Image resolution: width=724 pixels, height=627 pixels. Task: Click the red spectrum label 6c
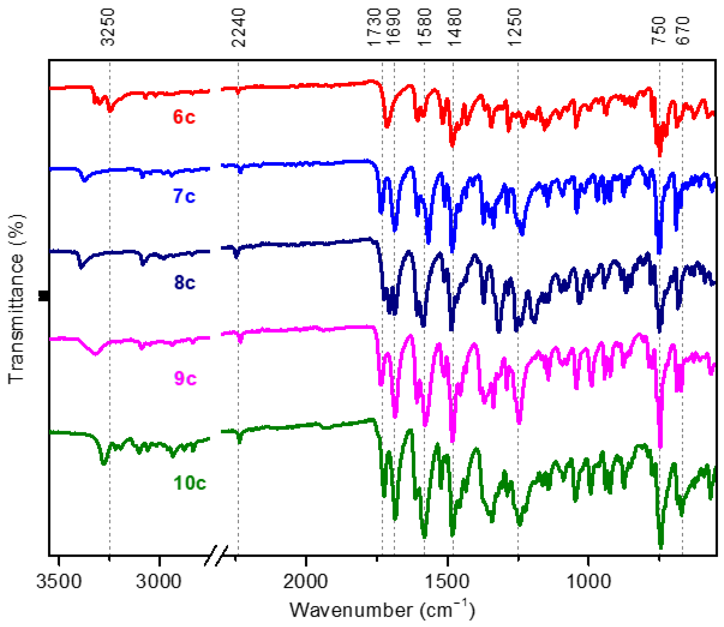pos(184,117)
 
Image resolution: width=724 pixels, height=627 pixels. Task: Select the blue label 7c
pos(184,196)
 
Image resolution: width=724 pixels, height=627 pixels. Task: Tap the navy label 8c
pos(185,282)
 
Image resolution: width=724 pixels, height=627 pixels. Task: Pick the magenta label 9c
pos(185,378)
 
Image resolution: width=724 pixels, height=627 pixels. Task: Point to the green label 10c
pos(190,483)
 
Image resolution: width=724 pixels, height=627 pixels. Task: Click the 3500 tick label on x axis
pos(59,582)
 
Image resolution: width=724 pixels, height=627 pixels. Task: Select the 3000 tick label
pos(158,582)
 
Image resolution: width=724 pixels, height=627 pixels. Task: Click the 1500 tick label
pos(447,582)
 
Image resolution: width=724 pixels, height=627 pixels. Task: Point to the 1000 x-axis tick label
pos(589,582)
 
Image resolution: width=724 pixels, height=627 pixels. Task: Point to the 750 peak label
pos(658,31)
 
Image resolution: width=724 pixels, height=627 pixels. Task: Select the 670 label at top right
pos(683,31)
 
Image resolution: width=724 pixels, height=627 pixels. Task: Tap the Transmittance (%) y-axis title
pos(16,299)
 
